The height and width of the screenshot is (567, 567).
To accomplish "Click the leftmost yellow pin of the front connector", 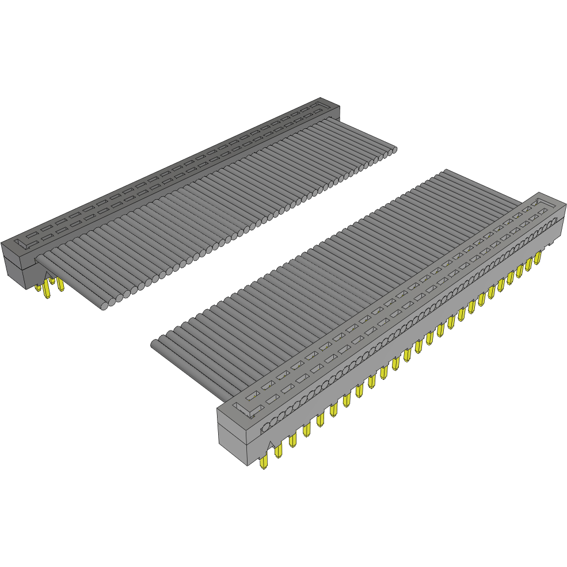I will (x=264, y=462).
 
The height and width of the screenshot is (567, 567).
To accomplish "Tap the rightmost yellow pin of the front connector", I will (x=538, y=257).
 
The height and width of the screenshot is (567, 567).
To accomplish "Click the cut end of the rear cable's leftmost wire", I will (x=104, y=306).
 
